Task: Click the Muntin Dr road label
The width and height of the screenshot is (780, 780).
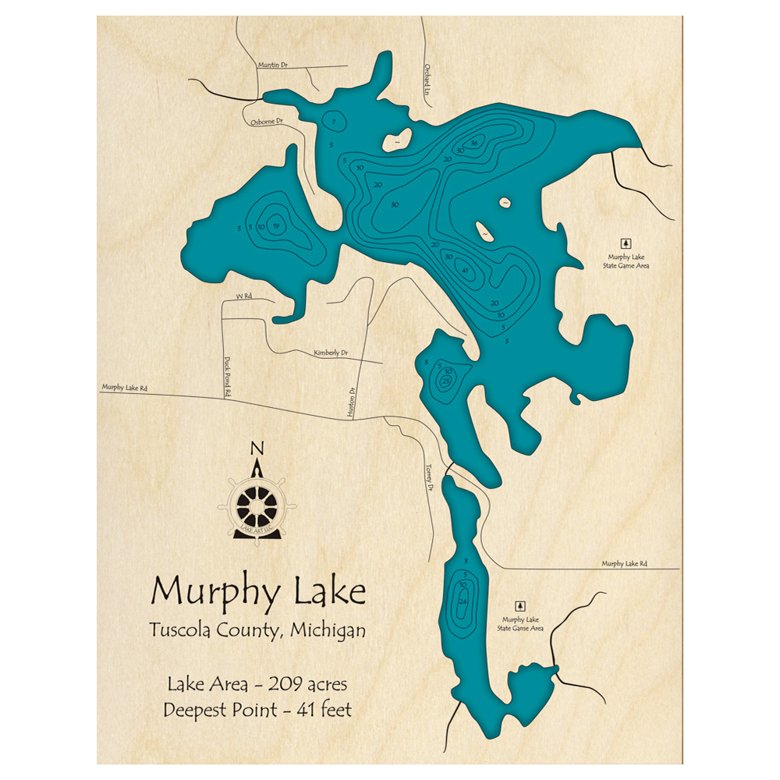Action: point(273,66)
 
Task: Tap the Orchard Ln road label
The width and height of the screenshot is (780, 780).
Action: point(427,80)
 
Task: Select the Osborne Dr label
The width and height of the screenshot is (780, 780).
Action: point(266,122)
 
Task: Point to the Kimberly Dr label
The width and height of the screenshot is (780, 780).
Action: point(330,353)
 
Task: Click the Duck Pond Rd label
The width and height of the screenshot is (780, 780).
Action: point(228,378)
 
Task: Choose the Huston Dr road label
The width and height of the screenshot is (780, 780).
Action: point(353,404)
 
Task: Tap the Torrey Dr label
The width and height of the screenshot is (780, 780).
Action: point(428,477)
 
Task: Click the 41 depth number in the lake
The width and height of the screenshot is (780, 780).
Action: point(466,271)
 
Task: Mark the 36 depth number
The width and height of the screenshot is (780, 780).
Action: point(474,141)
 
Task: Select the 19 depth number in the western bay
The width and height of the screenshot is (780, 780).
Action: point(277,226)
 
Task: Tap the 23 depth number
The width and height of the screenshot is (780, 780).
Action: point(446,381)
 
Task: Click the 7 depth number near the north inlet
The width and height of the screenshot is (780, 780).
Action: point(334,123)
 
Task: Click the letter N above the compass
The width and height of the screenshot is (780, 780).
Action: point(257,448)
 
